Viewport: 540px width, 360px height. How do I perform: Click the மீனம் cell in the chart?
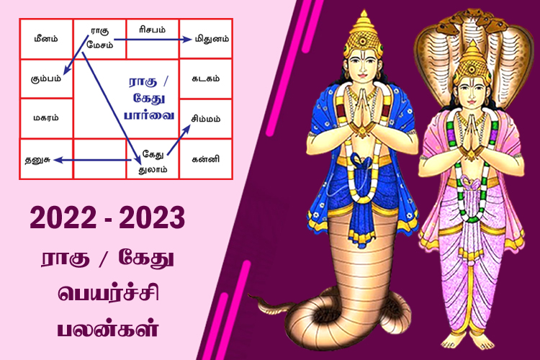45,37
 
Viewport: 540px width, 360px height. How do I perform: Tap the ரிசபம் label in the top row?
152,30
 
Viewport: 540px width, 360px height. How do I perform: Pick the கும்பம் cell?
45,77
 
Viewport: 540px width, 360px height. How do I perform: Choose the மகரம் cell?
45,117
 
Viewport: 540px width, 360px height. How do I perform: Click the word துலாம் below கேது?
153,169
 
